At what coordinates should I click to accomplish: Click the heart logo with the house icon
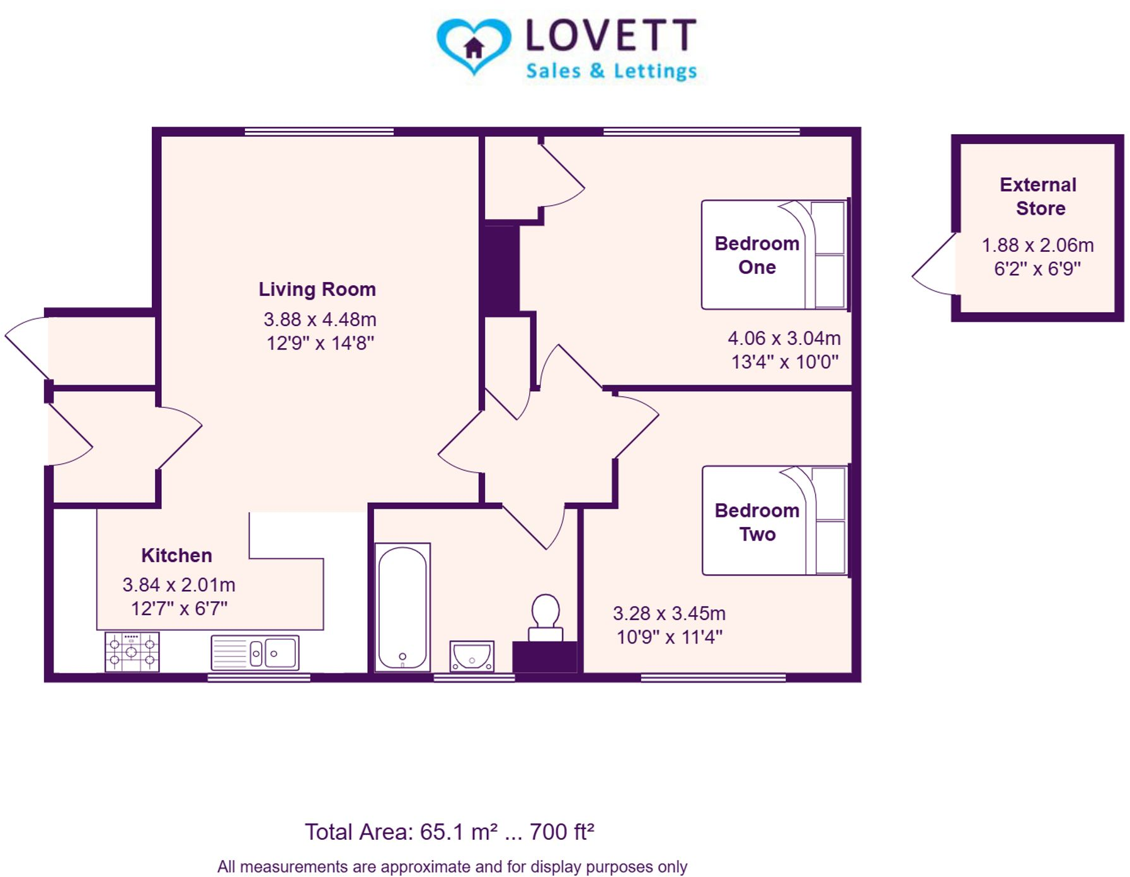click(473, 45)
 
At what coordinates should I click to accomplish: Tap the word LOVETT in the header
click(611, 35)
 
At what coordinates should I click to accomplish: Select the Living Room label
click(317, 289)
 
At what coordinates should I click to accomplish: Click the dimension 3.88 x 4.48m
click(319, 319)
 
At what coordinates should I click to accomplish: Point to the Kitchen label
click(176, 555)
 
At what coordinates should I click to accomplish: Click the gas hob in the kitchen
click(132, 652)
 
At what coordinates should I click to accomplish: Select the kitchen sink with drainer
click(254, 653)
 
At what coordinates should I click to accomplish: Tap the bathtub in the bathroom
click(402, 607)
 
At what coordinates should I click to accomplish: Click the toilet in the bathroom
click(545, 616)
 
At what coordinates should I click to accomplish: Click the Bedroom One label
click(756, 255)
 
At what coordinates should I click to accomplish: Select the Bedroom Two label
click(756, 522)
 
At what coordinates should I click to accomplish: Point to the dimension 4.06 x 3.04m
click(784, 338)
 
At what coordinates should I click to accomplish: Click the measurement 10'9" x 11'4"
click(669, 637)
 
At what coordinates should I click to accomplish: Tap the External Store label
click(1039, 196)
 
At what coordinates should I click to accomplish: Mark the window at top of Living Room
click(319, 132)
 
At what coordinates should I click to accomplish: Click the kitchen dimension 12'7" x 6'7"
click(179, 609)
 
